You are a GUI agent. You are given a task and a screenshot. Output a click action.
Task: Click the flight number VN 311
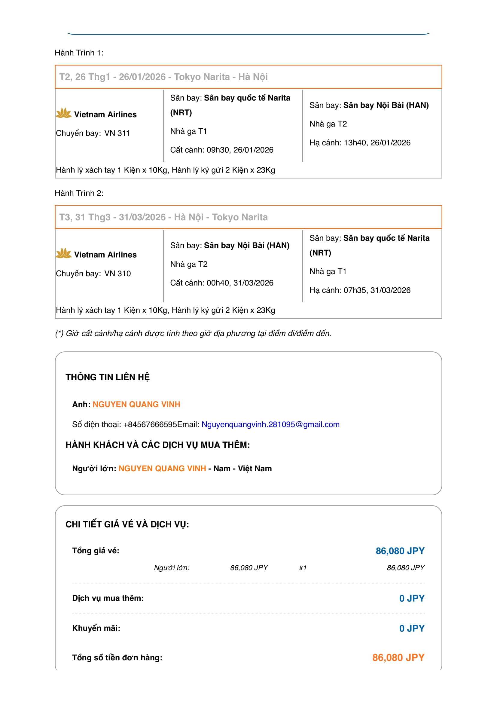click(117, 133)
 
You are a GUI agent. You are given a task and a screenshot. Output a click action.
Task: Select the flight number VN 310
click(117, 274)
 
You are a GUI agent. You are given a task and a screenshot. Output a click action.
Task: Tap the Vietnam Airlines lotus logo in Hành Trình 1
click(64, 113)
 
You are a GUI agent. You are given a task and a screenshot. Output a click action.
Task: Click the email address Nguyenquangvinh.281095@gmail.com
click(270, 424)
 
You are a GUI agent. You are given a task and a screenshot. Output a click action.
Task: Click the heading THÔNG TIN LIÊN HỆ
click(108, 377)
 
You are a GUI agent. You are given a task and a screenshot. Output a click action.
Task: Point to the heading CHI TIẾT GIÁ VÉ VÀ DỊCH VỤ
click(127, 524)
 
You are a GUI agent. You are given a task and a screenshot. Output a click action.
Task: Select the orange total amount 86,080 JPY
click(398, 657)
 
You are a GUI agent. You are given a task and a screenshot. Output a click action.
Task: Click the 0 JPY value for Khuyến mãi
click(412, 628)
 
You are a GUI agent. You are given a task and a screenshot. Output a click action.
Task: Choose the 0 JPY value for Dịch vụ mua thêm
click(412, 598)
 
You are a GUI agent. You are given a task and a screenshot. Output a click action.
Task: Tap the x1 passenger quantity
click(303, 568)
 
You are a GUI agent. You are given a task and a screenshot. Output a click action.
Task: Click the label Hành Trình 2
click(79, 193)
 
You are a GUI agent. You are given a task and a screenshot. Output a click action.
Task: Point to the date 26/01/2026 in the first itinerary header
click(142, 77)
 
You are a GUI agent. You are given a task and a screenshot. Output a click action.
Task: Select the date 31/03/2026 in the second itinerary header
click(142, 217)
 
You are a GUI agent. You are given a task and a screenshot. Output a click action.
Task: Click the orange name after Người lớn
click(162, 469)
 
